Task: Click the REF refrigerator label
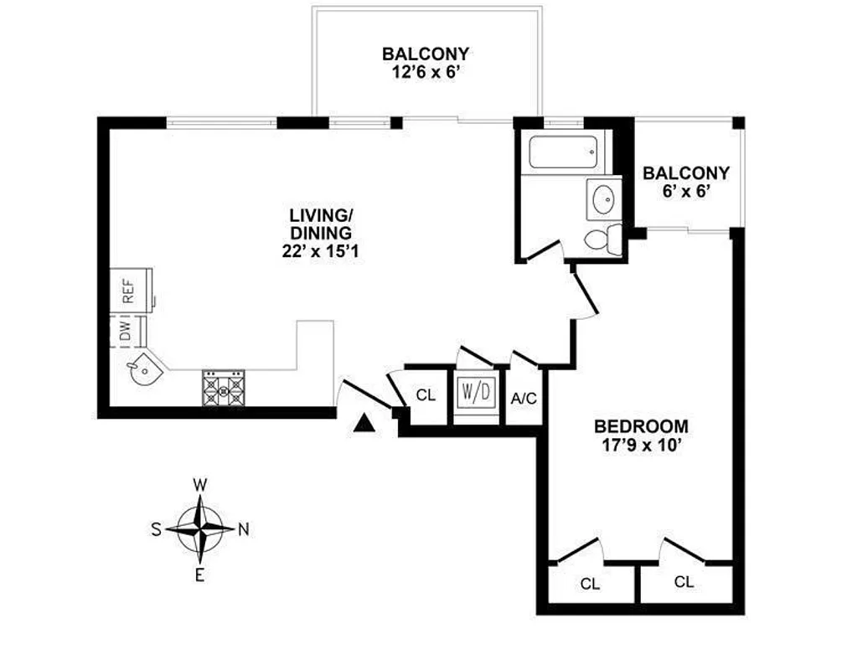(128, 290)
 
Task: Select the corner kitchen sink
(137, 368)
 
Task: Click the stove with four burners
(223, 389)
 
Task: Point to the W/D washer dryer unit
(476, 392)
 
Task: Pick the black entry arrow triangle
(363, 424)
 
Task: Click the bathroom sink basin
(603, 198)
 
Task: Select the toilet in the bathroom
(602, 238)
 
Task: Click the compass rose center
(200, 528)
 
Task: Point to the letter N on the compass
(244, 528)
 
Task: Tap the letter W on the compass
(200, 484)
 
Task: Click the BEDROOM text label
(641, 425)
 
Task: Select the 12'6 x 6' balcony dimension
(425, 73)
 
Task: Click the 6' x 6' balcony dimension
(685, 192)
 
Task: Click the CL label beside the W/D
(426, 394)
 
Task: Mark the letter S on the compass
(156, 528)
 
